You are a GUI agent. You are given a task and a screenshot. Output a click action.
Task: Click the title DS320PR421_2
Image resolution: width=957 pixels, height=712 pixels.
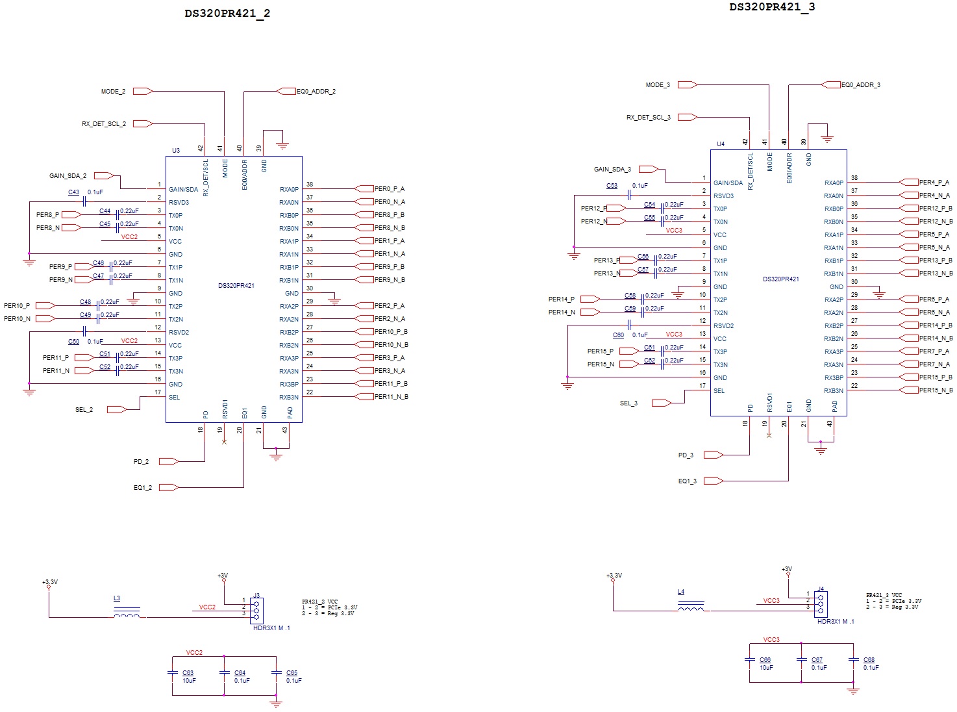tap(227, 14)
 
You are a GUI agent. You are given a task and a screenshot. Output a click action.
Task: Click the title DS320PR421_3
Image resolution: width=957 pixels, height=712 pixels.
tap(772, 7)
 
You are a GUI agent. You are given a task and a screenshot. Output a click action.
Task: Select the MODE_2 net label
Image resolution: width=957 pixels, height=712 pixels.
tap(113, 92)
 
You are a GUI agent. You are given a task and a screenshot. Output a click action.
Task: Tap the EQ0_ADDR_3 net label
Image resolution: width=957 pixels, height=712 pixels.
tap(860, 85)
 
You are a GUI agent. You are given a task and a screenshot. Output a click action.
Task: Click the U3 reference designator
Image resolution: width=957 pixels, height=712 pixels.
tap(176, 151)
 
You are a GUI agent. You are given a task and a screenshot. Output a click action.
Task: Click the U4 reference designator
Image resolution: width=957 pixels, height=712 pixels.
tap(721, 144)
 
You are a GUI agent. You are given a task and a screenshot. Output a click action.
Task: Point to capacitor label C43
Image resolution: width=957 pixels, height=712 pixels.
tap(73, 192)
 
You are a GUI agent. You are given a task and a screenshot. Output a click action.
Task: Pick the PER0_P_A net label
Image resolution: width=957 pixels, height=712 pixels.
tap(389, 189)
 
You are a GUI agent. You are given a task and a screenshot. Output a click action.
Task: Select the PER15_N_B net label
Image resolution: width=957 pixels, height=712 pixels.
tap(936, 390)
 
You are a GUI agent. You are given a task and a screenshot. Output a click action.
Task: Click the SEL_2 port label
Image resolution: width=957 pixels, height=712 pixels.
tap(84, 410)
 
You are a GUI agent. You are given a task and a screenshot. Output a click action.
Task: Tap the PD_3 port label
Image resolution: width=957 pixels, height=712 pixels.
tap(686, 455)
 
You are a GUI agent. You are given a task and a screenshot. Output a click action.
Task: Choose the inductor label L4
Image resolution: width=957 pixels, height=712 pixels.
tap(681, 592)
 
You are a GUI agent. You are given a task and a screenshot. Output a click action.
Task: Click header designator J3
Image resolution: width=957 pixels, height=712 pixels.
tap(256, 595)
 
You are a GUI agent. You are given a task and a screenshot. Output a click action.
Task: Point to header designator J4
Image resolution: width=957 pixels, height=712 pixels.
tap(821, 589)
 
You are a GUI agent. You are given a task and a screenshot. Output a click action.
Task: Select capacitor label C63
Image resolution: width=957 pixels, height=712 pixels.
tap(188, 673)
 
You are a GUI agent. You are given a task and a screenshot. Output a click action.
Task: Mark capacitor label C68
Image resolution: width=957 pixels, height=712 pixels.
tap(869, 660)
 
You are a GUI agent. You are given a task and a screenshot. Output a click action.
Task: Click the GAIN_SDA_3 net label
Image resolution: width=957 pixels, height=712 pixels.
tap(612, 170)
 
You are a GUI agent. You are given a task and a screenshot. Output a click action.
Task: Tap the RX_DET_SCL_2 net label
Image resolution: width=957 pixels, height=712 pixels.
tap(104, 124)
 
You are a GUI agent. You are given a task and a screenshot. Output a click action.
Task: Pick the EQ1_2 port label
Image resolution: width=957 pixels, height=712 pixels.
tap(143, 488)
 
